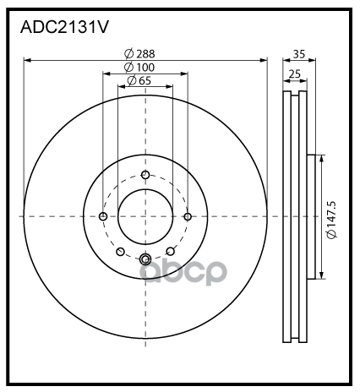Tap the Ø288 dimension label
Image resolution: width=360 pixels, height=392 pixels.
[x=139, y=53]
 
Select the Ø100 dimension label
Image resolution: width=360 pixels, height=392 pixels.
[x=139, y=67]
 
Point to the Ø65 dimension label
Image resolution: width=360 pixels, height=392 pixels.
[x=139, y=80]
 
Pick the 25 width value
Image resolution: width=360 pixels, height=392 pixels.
[x=294, y=74]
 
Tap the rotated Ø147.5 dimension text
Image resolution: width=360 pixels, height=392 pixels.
[x=332, y=216]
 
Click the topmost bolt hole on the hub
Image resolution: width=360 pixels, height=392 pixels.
[x=145, y=175]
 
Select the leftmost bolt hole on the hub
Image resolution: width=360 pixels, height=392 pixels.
[x=103, y=216]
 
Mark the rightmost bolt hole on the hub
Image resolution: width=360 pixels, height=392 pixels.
[x=188, y=216]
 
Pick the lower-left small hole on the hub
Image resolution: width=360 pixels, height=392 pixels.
[x=120, y=251]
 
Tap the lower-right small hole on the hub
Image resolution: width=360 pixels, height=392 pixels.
[x=171, y=251]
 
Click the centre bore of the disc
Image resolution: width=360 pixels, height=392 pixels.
[x=145, y=216]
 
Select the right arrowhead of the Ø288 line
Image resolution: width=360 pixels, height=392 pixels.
[x=263, y=60]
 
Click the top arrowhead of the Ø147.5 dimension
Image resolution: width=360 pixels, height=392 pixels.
[x=320, y=158]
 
